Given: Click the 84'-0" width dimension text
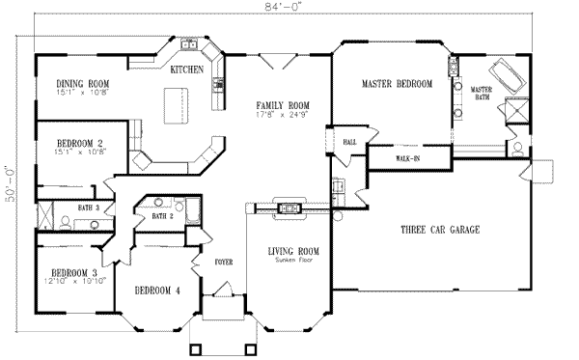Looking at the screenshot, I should click(x=289, y=9).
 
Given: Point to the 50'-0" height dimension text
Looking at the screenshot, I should click(x=9, y=173).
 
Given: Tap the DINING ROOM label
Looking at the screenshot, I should click(x=81, y=85).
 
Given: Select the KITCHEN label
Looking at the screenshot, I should click(x=186, y=70).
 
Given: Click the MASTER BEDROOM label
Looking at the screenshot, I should click(x=397, y=84).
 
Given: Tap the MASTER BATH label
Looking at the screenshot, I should click(x=482, y=94).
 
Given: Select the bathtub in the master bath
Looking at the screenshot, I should click(x=504, y=76).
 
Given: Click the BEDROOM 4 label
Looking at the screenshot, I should click(x=156, y=291).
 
